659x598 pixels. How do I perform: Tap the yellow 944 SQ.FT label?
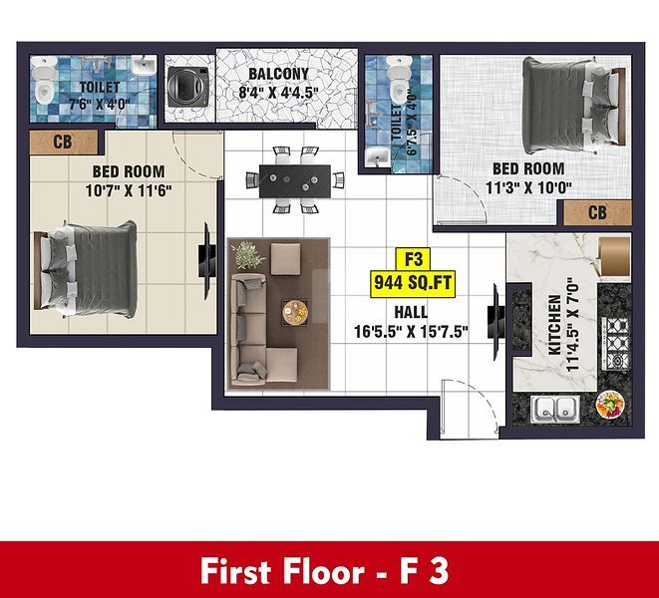[x=413, y=283]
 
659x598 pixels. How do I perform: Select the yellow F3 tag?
[x=413, y=259]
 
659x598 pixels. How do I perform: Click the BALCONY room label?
[x=278, y=74]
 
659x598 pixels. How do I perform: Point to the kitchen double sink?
[x=554, y=409]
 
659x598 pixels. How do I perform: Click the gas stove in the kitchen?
[x=616, y=343]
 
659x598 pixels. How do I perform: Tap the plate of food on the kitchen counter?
[x=610, y=405]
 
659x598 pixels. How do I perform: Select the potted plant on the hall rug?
[x=248, y=254]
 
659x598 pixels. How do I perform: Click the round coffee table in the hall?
[x=295, y=312]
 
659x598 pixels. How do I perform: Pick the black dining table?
[x=295, y=181]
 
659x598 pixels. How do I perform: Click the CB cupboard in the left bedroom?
[x=64, y=142]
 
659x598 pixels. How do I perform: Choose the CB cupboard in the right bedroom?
[x=597, y=212]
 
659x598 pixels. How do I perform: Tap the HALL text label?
[x=411, y=312]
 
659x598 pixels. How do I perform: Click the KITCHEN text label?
[x=555, y=325]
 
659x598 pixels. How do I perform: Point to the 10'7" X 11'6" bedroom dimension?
[x=129, y=190]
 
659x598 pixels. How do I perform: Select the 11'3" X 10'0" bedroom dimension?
[x=528, y=187]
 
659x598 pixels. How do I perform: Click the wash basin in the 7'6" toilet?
[x=145, y=66]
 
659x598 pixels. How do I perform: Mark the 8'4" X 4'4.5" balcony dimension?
[x=278, y=92]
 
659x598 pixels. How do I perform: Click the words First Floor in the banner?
[x=282, y=571]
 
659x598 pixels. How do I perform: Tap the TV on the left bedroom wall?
[x=206, y=261]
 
